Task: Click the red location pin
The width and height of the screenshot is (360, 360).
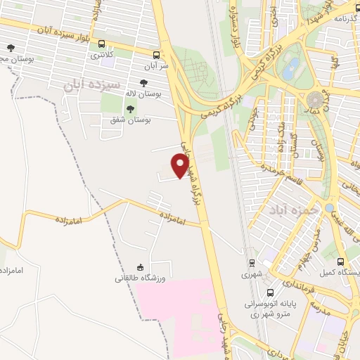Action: (180, 165)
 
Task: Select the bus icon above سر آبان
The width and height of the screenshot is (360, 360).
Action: (156, 53)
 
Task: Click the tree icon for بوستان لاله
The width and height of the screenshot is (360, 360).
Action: (143, 83)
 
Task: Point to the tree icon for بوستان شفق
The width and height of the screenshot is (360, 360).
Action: (130, 108)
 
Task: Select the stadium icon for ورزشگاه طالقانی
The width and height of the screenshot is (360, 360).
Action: (140, 267)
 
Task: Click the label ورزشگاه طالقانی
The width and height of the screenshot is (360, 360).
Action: (140, 278)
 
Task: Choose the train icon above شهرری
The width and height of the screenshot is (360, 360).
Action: (251, 263)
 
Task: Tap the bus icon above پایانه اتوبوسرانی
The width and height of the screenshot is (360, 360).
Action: (270, 292)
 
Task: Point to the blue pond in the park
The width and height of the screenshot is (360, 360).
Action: (288, 68)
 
